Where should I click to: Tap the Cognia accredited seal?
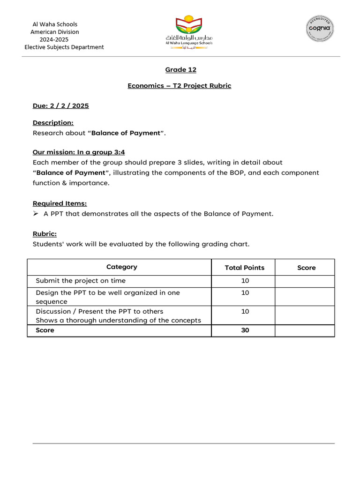pos(320,28)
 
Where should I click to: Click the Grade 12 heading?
pos(180,70)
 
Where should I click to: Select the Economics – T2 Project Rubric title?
pos(179,86)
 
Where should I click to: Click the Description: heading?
pos(53,122)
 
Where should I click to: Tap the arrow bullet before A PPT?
pos(36,214)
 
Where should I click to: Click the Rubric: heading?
pos(45,233)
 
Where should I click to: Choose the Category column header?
pos(122,267)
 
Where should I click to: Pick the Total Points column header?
pos(245,268)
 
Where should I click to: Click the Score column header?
pos(307,268)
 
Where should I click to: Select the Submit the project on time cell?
pos(81,281)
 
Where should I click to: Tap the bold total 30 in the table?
pos(245,330)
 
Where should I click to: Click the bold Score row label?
pos(45,330)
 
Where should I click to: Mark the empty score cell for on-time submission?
pos(305,281)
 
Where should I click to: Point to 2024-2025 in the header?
pos(54,39)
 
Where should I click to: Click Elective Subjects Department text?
pos(64,47)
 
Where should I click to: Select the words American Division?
pos(54,32)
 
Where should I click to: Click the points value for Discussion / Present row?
pos(245,311)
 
